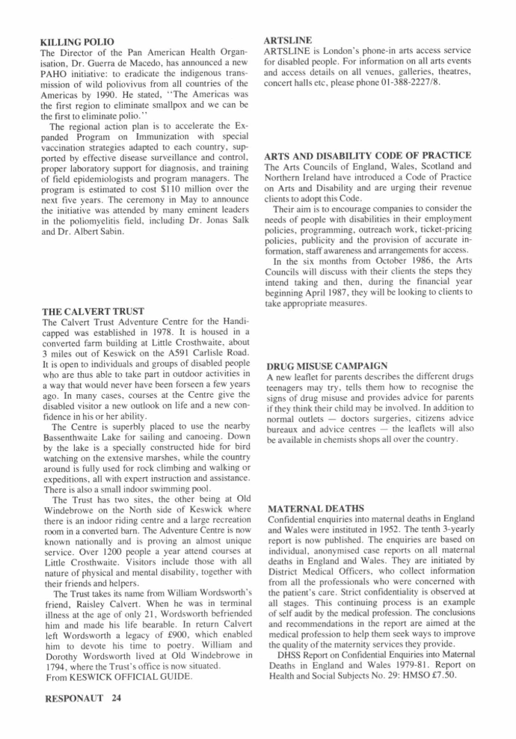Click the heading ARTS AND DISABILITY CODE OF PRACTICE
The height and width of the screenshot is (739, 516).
tap(367, 156)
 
